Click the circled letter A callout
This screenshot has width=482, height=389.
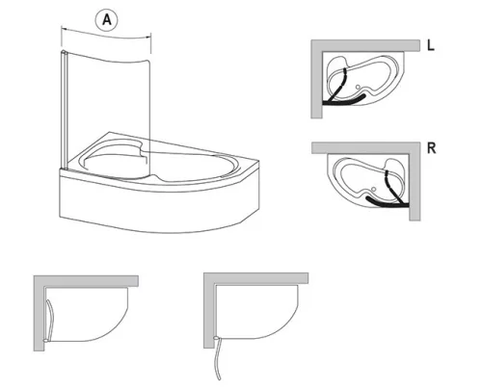[106, 20]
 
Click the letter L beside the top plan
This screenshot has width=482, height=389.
[431, 45]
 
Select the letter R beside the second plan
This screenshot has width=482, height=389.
[432, 148]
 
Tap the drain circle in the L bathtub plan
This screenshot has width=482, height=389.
[358, 87]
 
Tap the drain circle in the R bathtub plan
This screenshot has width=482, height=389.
[373, 189]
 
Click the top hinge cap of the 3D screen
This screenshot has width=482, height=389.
[64, 52]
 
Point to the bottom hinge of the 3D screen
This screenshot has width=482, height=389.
[64, 168]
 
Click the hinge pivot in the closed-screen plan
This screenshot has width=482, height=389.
[46, 340]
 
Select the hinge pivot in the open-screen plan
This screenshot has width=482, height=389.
[217, 338]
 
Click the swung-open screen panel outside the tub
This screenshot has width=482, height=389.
[216, 359]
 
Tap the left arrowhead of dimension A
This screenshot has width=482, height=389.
[64, 29]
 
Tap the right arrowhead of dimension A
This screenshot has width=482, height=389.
[148, 37]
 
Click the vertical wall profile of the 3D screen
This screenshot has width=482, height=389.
[63, 110]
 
